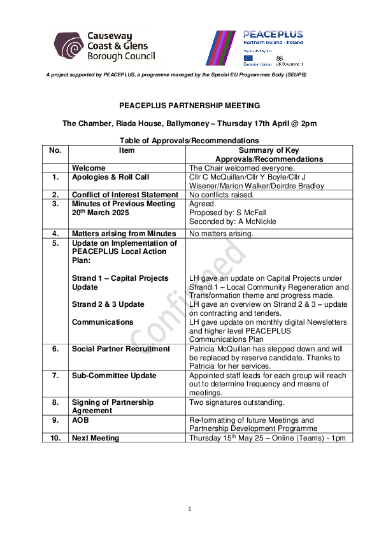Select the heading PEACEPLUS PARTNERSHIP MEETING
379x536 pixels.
tap(189, 106)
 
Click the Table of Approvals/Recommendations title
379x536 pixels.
tap(189, 141)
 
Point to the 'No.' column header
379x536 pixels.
tap(55, 150)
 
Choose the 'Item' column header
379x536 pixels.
tap(127, 150)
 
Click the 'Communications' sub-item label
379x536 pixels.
tap(103, 322)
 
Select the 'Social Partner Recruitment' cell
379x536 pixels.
tap(120, 349)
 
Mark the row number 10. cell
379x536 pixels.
tap(55, 438)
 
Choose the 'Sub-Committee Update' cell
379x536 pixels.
tap(113, 376)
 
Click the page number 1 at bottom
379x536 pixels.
tap(189, 509)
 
